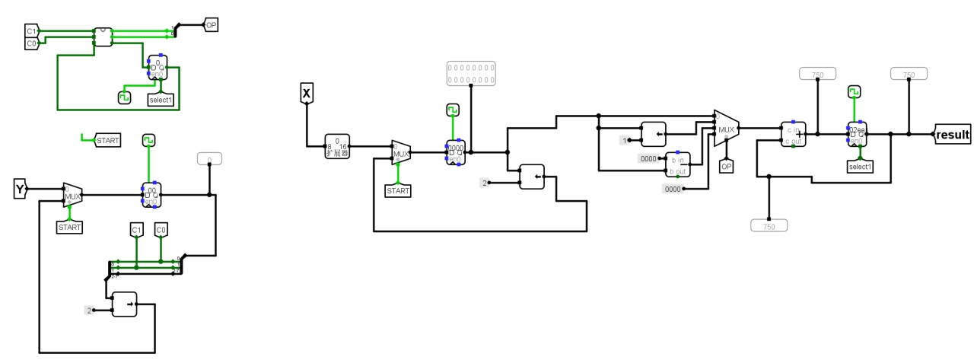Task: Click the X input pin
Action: [306, 94]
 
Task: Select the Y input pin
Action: [21, 189]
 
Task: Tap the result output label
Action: [953, 135]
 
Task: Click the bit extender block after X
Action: [336, 145]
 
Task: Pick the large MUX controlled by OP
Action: [726, 129]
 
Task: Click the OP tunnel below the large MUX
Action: [726, 165]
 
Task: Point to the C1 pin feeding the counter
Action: [31, 31]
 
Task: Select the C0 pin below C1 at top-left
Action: [31, 43]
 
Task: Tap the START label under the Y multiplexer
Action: [69, 227]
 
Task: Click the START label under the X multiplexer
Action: [398, 190]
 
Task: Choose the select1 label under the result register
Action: [860, 166]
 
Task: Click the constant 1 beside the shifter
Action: [625, 140]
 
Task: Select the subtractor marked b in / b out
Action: [677, 164]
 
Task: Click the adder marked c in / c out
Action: [793, 133]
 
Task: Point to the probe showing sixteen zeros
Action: [470, 72]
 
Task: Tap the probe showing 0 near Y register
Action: [209, 159]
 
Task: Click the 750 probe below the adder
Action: [769, 225]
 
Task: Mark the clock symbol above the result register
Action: [855, 92]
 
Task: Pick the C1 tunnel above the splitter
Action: [137, 229]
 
